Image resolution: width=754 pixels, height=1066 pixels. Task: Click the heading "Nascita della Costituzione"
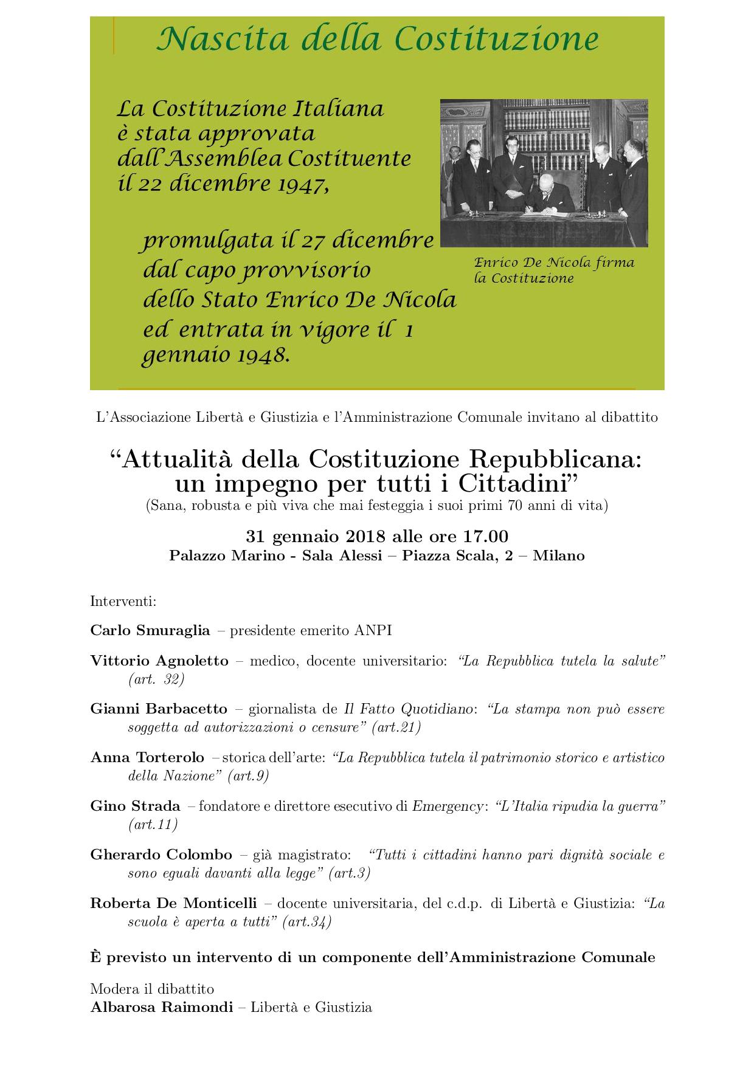pyautogui.click(x=377, y=39)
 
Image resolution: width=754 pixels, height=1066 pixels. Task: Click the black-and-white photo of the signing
pyautogui.click(x=544, y=173)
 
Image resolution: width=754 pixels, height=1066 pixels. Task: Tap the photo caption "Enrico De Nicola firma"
pyautogui.click(x=554, y=263)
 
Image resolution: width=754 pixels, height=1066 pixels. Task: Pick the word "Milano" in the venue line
pyautogui.click(x=559, y=555)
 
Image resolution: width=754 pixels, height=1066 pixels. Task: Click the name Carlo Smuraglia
pyautogui.click(x=150, y=630)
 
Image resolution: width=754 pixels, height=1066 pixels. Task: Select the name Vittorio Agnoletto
pyautogui.click(x=159, y=661)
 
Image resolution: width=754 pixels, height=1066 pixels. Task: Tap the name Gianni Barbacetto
pyautogui.click(x=159, y=709)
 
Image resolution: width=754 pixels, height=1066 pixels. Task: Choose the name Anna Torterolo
pyautogui.click(x=147, y=758)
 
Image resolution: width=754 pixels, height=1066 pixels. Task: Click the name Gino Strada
pyautogui.click(x=135, y=806)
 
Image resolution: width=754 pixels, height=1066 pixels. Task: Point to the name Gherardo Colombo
pyautogui.click(x=161, y=855)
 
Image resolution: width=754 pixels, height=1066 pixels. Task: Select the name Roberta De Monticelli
pyautogui.click(x=173, y=904)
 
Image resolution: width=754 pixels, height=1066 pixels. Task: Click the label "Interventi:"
pyautogui.click(x=123, y=602)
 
